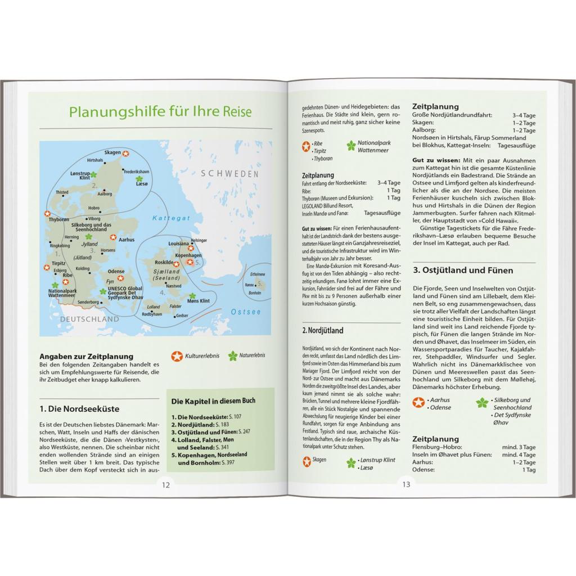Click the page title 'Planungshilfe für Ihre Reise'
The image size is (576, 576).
pyautogui.click(x=160, y=111)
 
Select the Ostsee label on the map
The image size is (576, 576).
pyautogui.click(x=246, y=312)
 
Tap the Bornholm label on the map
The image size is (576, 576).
pyautogui.click(x=255, y=293)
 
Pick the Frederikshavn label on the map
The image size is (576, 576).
pyautogui.click(x=136, y=171)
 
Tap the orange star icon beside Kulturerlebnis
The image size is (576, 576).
pyautogui.click(x=177, y=355)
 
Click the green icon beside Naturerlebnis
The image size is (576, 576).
pyautogui.click(x=232, y=355)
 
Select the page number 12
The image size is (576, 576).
pyautogui.click(x=165, y=484)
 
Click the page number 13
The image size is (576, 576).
pyautogui.click(x=406, y=484)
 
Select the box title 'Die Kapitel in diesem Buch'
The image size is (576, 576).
pyautogui.click(x=213, y=400)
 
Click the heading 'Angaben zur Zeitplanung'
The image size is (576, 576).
pyautogui.click(x=87, y=356)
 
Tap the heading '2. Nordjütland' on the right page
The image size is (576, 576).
pyautogui.click(x=322, y=330)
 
